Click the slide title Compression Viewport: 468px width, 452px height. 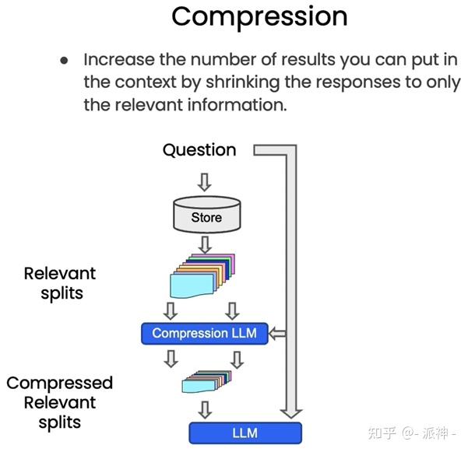click(x=259, y=16)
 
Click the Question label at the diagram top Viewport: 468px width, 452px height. click(x=199, y=150)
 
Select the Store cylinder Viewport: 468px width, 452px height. click(x=206, y=215)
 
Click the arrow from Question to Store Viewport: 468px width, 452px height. click(x=205, y=181)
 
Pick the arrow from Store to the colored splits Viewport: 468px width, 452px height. click(x=206, y=244)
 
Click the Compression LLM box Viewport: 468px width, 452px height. click(x=204, y=333)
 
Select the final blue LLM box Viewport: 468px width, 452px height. click(x=245, y=433)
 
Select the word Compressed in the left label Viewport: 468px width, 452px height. click(x=60, y=383)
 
